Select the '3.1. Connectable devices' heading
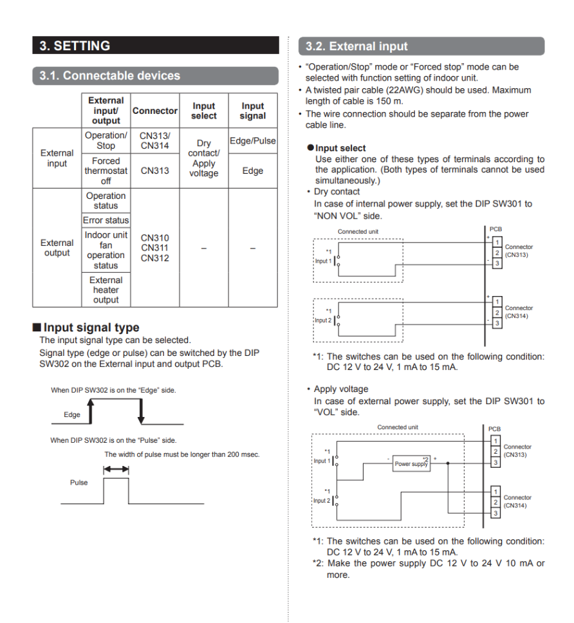(x=109, y=75)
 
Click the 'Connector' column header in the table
(x=154, y=111)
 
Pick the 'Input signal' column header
(x=253, y=111)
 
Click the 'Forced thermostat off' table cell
(x=106, y=171)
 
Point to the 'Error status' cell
(x=106, y=220)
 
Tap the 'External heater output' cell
(x=106, y=290)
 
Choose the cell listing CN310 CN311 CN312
(x=154, y=248)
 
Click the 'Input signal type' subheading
(x=91, y=328)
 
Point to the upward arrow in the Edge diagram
(x=91, y=411)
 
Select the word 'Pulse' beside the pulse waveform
(x=79, y=482)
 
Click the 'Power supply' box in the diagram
(x=411, y=463)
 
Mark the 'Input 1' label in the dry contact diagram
(x=323, y=261)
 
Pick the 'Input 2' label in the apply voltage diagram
(x=322, y=500)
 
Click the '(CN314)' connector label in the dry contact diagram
(x=519, y=315)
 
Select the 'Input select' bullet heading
(x=340, y=148)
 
